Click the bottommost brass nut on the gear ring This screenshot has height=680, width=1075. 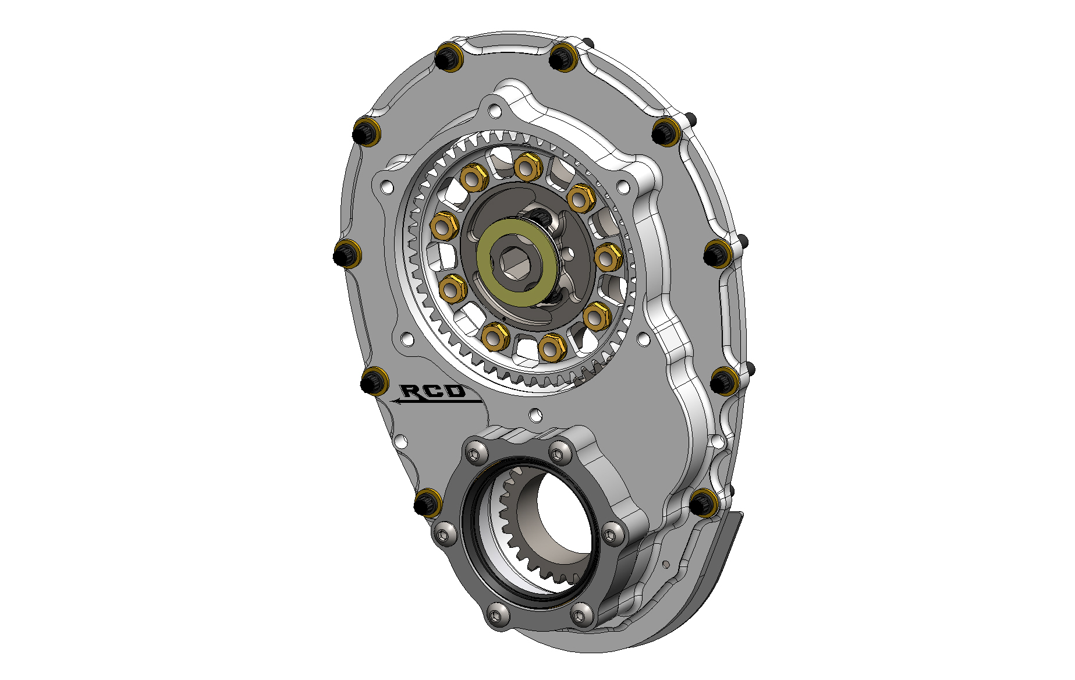click(549, 348)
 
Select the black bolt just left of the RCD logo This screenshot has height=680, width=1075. click(374, 382)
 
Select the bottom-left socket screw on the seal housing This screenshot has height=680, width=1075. click(496, 614)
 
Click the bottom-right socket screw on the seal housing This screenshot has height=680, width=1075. click(581, 614)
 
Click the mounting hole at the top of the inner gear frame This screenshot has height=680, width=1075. click(495, 111)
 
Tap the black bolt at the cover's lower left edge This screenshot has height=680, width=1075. click(428, 502)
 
